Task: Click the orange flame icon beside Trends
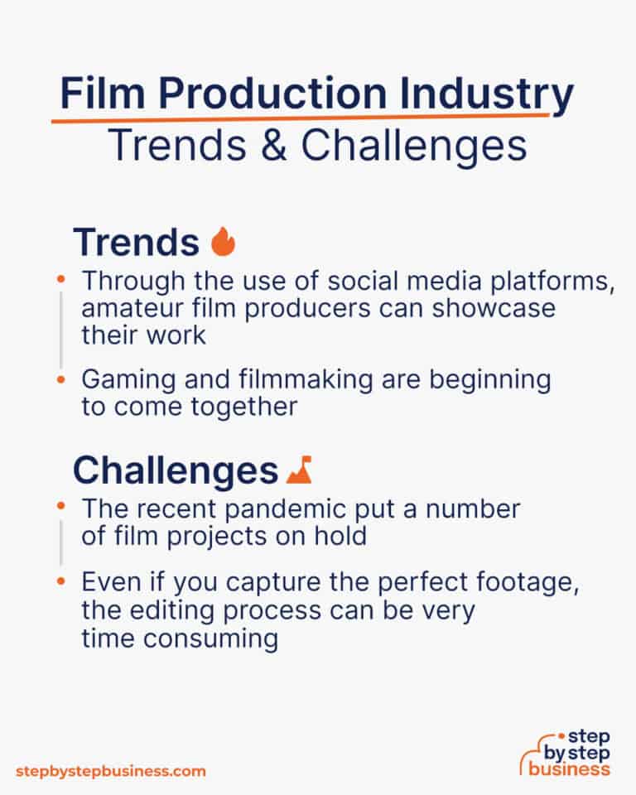point(223,243)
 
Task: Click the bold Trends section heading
point(136,243)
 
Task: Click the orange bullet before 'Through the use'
point(60,282)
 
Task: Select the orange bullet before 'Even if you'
point(60,584)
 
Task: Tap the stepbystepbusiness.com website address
point(110,771)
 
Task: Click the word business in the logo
point(571,768)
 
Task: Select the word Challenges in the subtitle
point(413,147)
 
